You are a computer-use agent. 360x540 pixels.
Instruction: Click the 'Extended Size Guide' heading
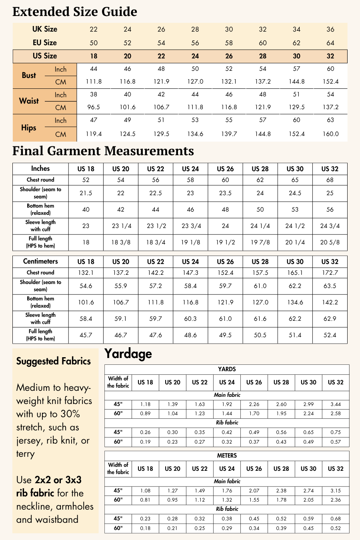[75, 12]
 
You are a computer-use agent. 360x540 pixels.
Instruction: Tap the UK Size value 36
[330, 29]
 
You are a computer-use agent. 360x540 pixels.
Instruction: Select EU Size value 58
[229, 43]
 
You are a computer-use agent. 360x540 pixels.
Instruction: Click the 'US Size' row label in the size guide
[45, 56]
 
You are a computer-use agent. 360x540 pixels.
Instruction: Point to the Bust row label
[29, 75]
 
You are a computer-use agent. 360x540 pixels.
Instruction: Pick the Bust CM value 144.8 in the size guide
[296, 82]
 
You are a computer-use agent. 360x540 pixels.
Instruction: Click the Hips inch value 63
[330, 120]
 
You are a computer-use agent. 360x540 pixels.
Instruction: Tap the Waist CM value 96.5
[94, 107]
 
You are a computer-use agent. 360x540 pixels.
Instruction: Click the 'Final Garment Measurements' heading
[103, 151]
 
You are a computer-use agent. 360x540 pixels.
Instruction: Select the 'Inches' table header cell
[40, 168]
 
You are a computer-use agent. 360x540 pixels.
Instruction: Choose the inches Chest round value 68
[330, 180]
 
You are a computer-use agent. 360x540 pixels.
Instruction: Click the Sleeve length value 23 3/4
[190, 226]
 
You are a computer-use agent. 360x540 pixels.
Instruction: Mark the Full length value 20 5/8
[330, 242]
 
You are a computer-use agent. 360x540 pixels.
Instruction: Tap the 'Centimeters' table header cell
[40, 261]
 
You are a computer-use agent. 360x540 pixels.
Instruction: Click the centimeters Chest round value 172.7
[330, 273]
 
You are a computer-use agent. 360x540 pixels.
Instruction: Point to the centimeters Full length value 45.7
[86, 335]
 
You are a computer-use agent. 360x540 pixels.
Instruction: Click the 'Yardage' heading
[128, 354]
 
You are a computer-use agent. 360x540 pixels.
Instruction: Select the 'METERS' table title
[227, 456]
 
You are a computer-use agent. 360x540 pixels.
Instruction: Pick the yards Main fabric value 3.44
[336, 404]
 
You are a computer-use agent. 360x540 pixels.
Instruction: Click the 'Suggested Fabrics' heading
[54, 361]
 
